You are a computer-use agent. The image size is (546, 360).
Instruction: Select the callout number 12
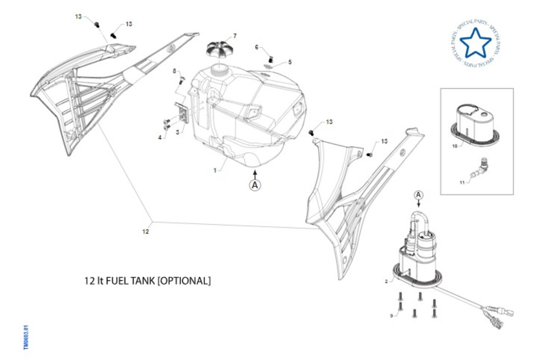pos(146,231)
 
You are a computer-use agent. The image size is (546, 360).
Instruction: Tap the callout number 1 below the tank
pos(215,170)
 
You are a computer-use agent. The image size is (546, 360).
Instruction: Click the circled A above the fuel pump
pos(420,195)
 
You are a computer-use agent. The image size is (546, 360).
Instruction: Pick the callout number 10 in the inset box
pos(455,146)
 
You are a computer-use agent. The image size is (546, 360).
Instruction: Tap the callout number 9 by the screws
pos(391,315)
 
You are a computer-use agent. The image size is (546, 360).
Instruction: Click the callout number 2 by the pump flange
pos(386,282)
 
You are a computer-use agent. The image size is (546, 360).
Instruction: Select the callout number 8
pos(174,71)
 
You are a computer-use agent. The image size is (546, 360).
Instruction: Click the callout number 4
pos(160,137)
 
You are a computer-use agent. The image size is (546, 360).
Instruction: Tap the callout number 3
pos(178,132)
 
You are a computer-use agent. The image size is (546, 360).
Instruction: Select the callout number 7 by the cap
pos(235,35)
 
